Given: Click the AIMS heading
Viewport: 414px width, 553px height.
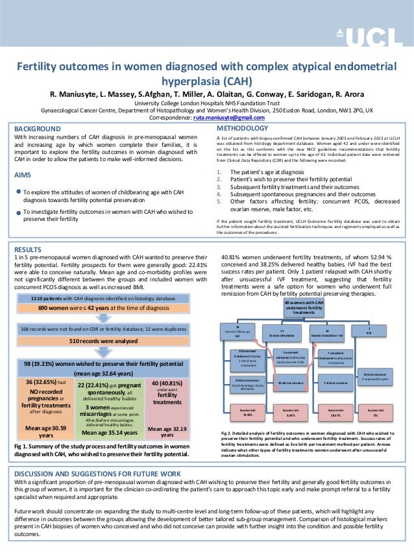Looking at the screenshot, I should [x=24, y=175].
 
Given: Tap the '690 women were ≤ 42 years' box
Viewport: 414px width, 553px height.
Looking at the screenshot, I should [x=97, y=307].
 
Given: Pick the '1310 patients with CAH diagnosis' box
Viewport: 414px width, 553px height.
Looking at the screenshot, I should [x=97, y=298].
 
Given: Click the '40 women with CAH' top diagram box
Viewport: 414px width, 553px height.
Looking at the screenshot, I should [x=304, y=308].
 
